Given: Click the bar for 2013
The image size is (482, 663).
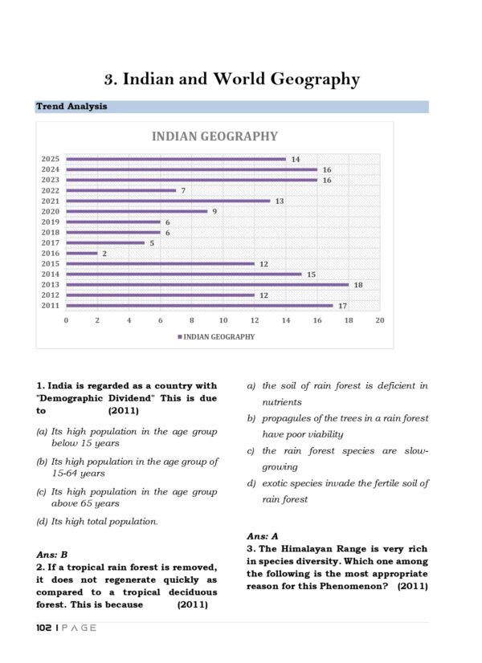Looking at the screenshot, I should tap(207, 284).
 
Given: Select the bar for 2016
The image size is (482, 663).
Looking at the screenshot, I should tap(81, 253).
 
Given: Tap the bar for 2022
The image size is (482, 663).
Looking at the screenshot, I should tap(120, 190).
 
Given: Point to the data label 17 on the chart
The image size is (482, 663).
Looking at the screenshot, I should tap(342, 305).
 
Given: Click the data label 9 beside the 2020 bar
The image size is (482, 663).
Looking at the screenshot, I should tap(214, 211).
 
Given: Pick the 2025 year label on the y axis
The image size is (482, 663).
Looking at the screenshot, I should tap(50, 159).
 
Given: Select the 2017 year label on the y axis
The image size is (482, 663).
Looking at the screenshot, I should tap(50, 242).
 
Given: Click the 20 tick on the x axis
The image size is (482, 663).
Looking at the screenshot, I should tap(380, 320).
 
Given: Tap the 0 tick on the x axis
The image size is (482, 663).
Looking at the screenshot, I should tap(66, 320).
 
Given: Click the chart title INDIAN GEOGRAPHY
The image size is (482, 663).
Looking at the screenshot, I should tap(214, 136).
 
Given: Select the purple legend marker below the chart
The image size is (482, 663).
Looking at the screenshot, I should tap(179, 337).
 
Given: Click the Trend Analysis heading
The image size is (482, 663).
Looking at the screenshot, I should tap(71, 107).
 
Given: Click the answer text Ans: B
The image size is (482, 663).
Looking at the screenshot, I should tap(51, 554).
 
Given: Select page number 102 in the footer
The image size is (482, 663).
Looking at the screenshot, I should tap(44, 628).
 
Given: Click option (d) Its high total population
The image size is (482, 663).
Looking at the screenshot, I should tap(97, 522).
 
